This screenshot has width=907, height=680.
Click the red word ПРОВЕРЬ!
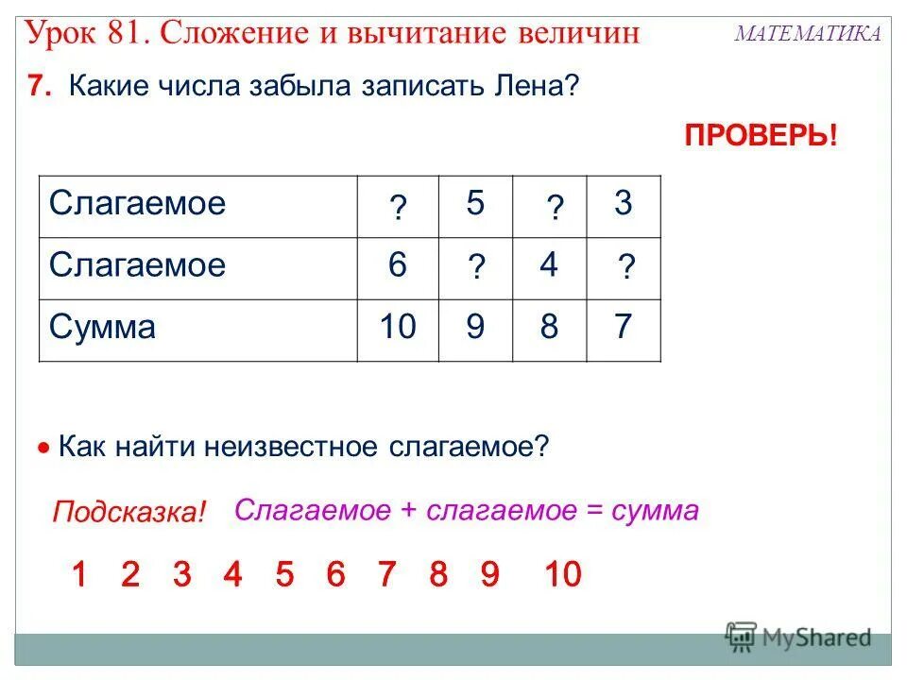(761, 135)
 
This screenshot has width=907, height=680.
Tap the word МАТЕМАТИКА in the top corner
(808, 34)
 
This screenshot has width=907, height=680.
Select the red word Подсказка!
(128, 514)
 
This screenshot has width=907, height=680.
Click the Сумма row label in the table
(102, 328)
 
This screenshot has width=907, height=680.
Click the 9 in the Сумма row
(475, 328)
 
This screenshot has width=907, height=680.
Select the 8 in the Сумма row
(549, 328)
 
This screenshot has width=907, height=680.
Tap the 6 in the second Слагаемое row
(397, 266)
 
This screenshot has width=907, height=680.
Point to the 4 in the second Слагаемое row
(549, 266)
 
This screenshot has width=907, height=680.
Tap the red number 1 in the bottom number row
(79, 574)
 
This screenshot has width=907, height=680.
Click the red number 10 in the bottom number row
(563, 574)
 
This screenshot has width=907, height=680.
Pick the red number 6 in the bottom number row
(335, 574)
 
